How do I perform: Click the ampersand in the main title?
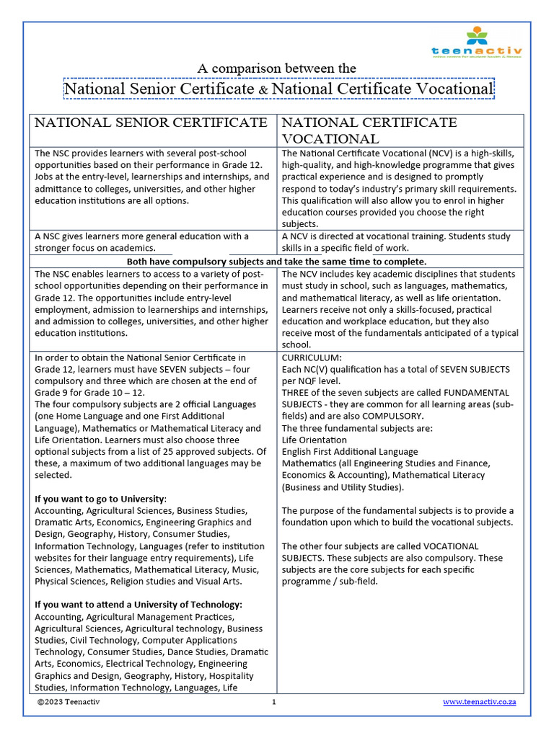pos(263,89)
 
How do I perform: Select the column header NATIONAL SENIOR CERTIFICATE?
pos(151,123)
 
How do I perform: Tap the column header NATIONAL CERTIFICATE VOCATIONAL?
pos(369,130)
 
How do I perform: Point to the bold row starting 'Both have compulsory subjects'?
pos(276,261)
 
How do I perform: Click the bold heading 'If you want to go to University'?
pos(100,499)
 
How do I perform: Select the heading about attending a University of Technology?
pos(138,605)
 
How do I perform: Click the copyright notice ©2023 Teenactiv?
pos(69,702)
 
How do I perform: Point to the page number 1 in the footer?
pos(274,702)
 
